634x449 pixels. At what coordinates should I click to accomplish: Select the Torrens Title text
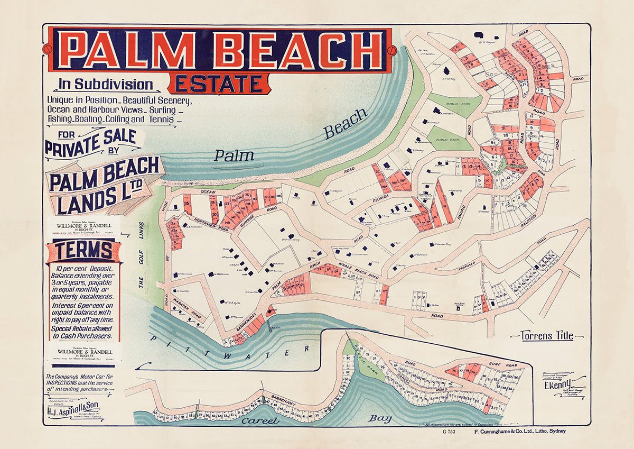click(547, 335)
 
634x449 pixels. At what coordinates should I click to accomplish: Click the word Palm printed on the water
click(234, 155)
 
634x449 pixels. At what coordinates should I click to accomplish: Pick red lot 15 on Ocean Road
click(187, 204)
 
